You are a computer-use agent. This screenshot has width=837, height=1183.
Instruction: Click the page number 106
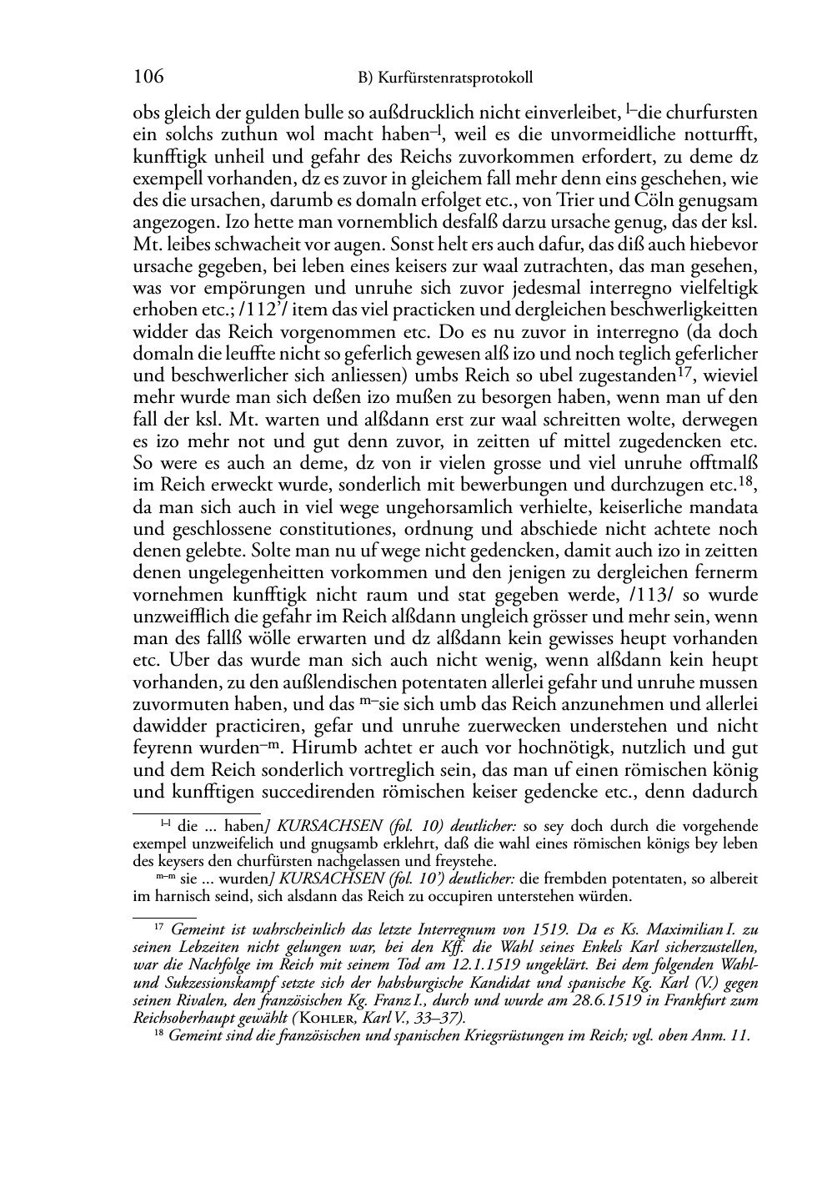click(148, 78)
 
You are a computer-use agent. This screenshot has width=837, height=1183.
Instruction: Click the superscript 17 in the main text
click(683, 370)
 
